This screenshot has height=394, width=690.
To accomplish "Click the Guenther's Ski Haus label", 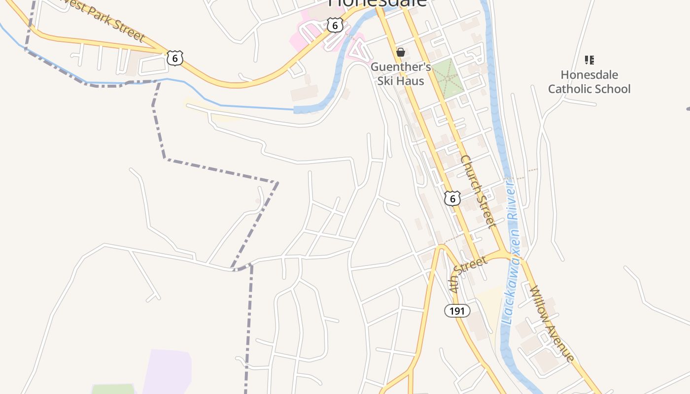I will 400,73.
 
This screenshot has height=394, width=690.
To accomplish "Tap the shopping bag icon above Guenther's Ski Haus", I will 400,52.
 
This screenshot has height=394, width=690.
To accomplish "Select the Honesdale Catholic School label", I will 589,82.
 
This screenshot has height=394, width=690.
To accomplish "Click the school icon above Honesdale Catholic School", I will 589,60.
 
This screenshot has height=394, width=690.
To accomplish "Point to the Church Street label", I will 477,192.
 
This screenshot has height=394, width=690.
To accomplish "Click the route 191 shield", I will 457,311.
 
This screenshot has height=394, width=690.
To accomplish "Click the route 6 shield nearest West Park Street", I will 174,58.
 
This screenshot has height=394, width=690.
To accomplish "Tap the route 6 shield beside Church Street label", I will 452,198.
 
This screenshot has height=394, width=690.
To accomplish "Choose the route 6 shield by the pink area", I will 335,25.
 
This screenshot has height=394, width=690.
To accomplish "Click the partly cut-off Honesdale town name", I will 378,3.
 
